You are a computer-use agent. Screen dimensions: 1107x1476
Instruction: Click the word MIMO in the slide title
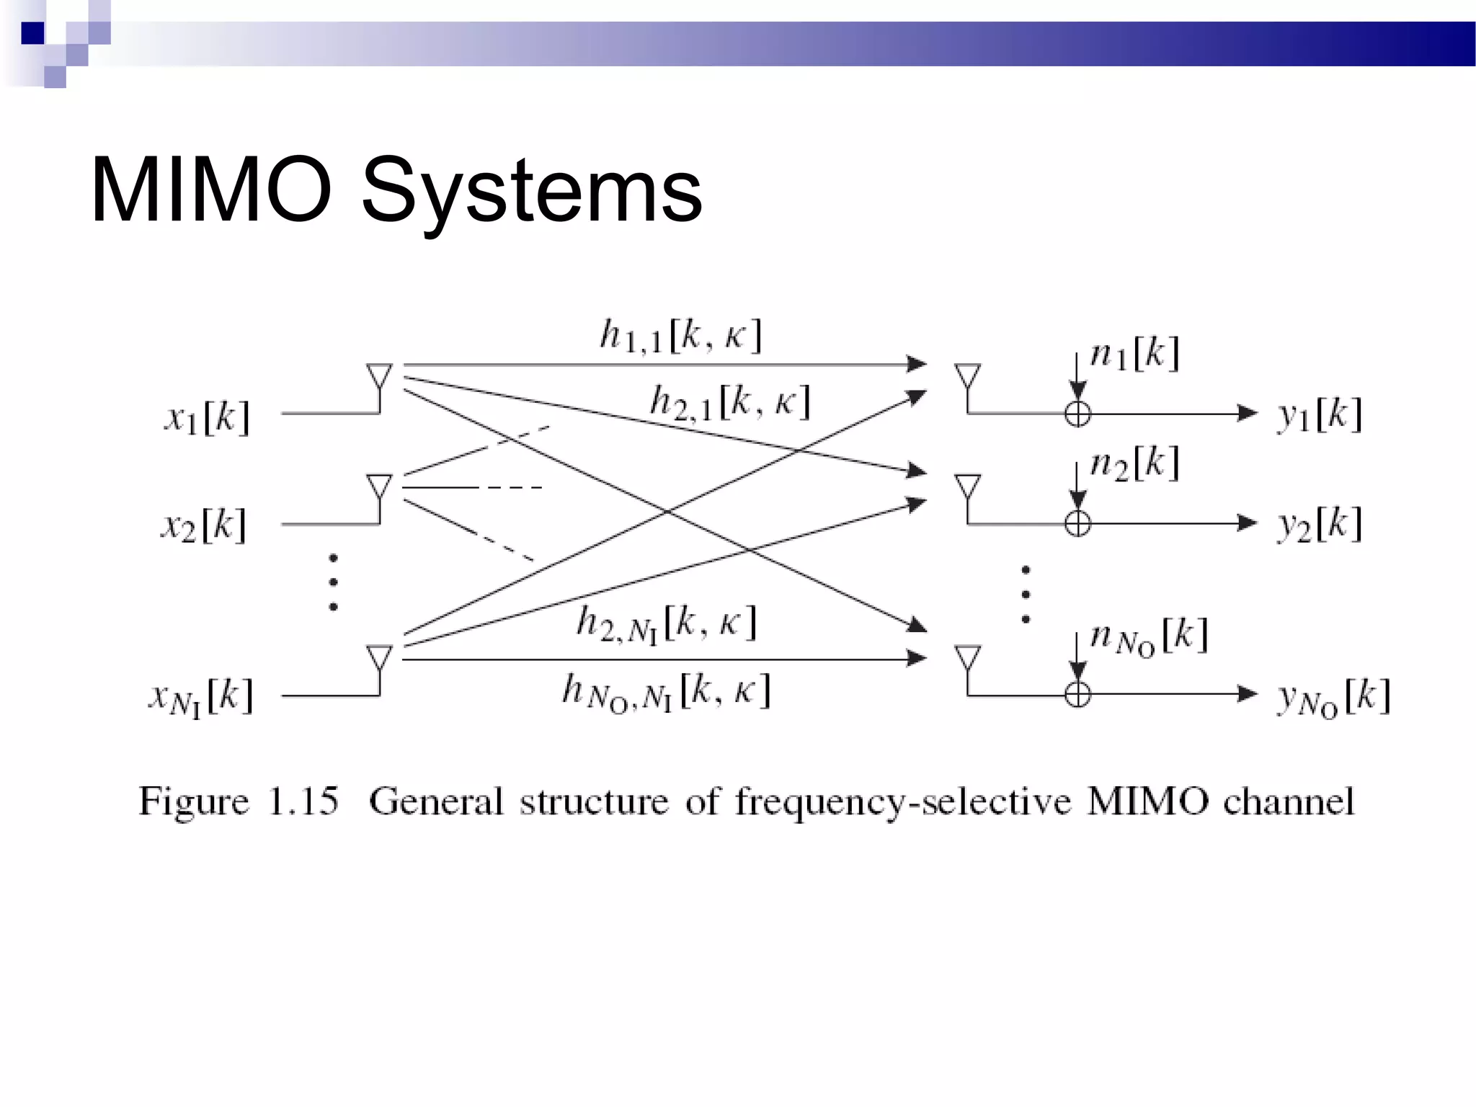click(x=210, y=190)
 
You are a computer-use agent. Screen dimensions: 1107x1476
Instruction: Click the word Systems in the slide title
click(x=531, y=192)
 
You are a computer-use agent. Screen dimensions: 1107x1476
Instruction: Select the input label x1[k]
click(x=208, y=417)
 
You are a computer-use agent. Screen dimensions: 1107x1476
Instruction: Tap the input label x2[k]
click(x=204, y=525)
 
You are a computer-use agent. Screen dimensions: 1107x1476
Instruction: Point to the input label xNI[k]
click(x=201, y=698)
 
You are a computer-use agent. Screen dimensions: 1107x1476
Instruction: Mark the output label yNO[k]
click(x=1333, y=698)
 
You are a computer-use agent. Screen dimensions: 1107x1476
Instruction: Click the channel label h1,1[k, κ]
click(x=681, y=336)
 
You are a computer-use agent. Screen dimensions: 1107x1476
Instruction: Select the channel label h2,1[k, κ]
click(x=730, y=401)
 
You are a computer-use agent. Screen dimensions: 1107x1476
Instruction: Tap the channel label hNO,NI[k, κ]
click(x=667, y=691)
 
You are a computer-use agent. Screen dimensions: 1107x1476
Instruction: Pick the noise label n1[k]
click(x=1134, y=354)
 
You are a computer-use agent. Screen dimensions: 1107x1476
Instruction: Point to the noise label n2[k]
click(x=1134, y=463)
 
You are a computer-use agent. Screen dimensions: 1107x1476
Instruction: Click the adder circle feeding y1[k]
click(x=1077, y=414)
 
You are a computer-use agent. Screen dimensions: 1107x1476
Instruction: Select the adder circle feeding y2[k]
click(x=1077, y=523)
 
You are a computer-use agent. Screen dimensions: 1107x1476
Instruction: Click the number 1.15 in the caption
click(x=303, y=801)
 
